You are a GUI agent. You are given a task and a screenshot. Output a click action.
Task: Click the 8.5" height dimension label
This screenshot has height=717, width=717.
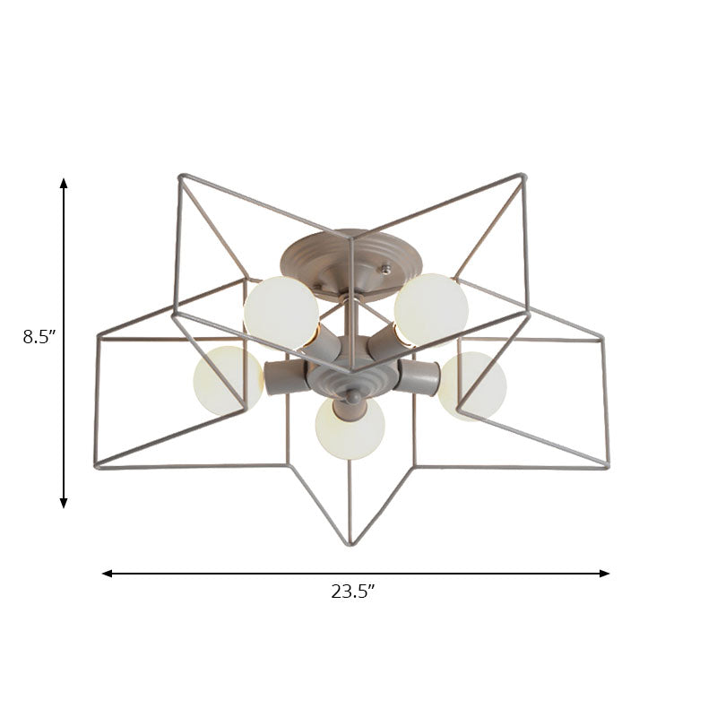[x=39, y=337]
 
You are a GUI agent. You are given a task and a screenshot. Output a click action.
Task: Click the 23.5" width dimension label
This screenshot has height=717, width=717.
[x=352, y=592]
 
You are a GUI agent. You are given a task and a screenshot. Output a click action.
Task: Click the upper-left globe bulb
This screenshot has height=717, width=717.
[x=281, y=311]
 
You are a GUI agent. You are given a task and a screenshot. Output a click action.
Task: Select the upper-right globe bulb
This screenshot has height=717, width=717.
[x=432, y=309]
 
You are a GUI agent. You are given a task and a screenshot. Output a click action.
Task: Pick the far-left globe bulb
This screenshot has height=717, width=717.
[x=228, y=381]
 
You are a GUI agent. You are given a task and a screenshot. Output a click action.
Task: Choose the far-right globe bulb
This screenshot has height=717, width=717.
[x=472, y=385]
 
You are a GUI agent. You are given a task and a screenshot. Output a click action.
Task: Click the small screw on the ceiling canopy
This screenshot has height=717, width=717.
[x=386, y=267]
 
